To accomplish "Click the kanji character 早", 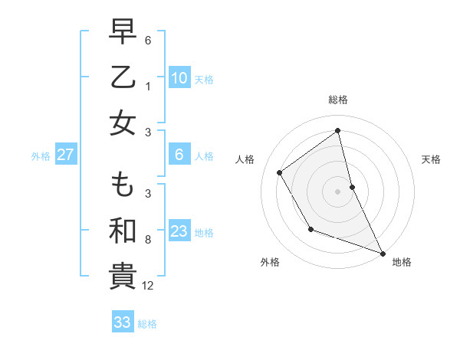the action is point(123,31).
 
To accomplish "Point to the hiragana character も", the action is point(123,185).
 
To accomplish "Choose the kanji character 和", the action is point(123,231).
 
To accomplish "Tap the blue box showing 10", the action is point(179,78).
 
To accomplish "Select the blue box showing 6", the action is point(179,155).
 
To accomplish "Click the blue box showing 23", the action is point(179,231).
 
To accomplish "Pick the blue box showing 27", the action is point(66,155).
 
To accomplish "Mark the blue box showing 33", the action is point(123,322).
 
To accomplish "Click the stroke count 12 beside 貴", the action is point(148,286).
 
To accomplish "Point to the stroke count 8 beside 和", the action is point(148,240).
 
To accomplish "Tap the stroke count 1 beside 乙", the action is point(148,86).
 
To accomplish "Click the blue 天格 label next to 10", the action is point(204,79).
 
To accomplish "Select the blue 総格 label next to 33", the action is point(147,323).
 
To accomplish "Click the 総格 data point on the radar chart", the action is point(338,130).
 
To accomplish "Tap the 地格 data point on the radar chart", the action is point(383,253).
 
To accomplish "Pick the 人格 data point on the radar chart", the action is point(280,172).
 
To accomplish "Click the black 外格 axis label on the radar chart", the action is point(270,262).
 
